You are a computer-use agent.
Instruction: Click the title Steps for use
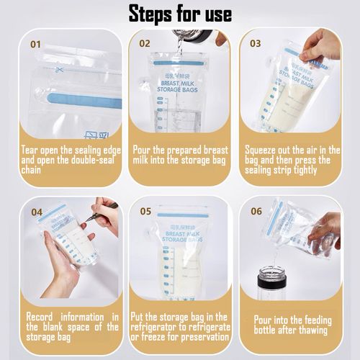pyautogui.click(x=180, y=13)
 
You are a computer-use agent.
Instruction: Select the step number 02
pyautogui.click(x=145, y=43)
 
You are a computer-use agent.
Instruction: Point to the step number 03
pyautogui.click(x=256, y=43)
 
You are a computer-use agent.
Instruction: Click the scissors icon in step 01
pyautogui.click(x=59, y=71)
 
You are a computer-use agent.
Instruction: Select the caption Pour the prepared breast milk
pyautogui.click(x=179, y=160)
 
